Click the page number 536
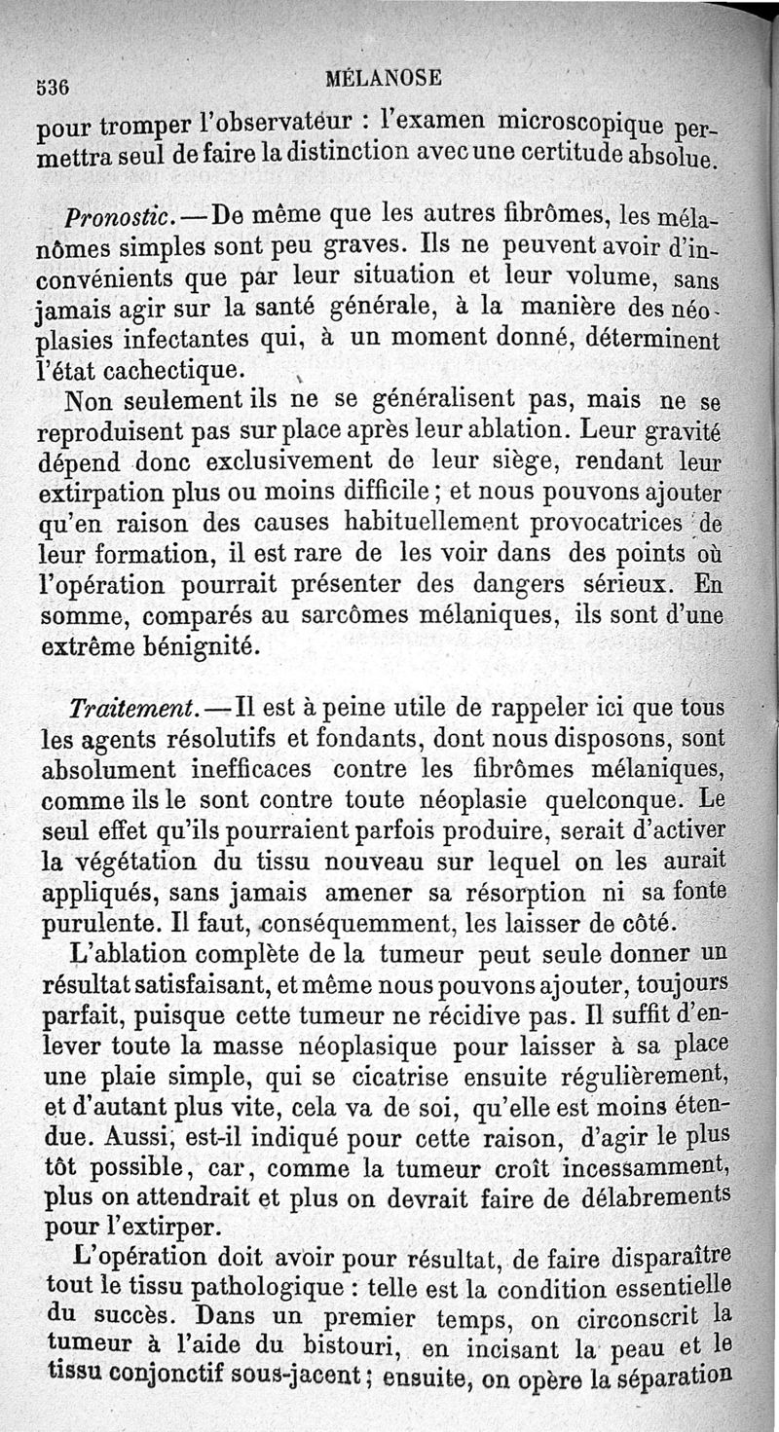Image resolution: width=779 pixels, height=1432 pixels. (x=51, y=85)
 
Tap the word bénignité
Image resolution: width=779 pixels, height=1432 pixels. (x=200, y=644)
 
